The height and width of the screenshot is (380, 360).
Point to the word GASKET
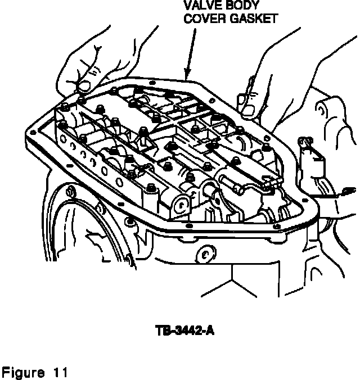coord(256,19)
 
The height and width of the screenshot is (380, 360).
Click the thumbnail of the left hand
coord(85,85)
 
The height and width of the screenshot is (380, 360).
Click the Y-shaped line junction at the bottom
coord(231,279)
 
